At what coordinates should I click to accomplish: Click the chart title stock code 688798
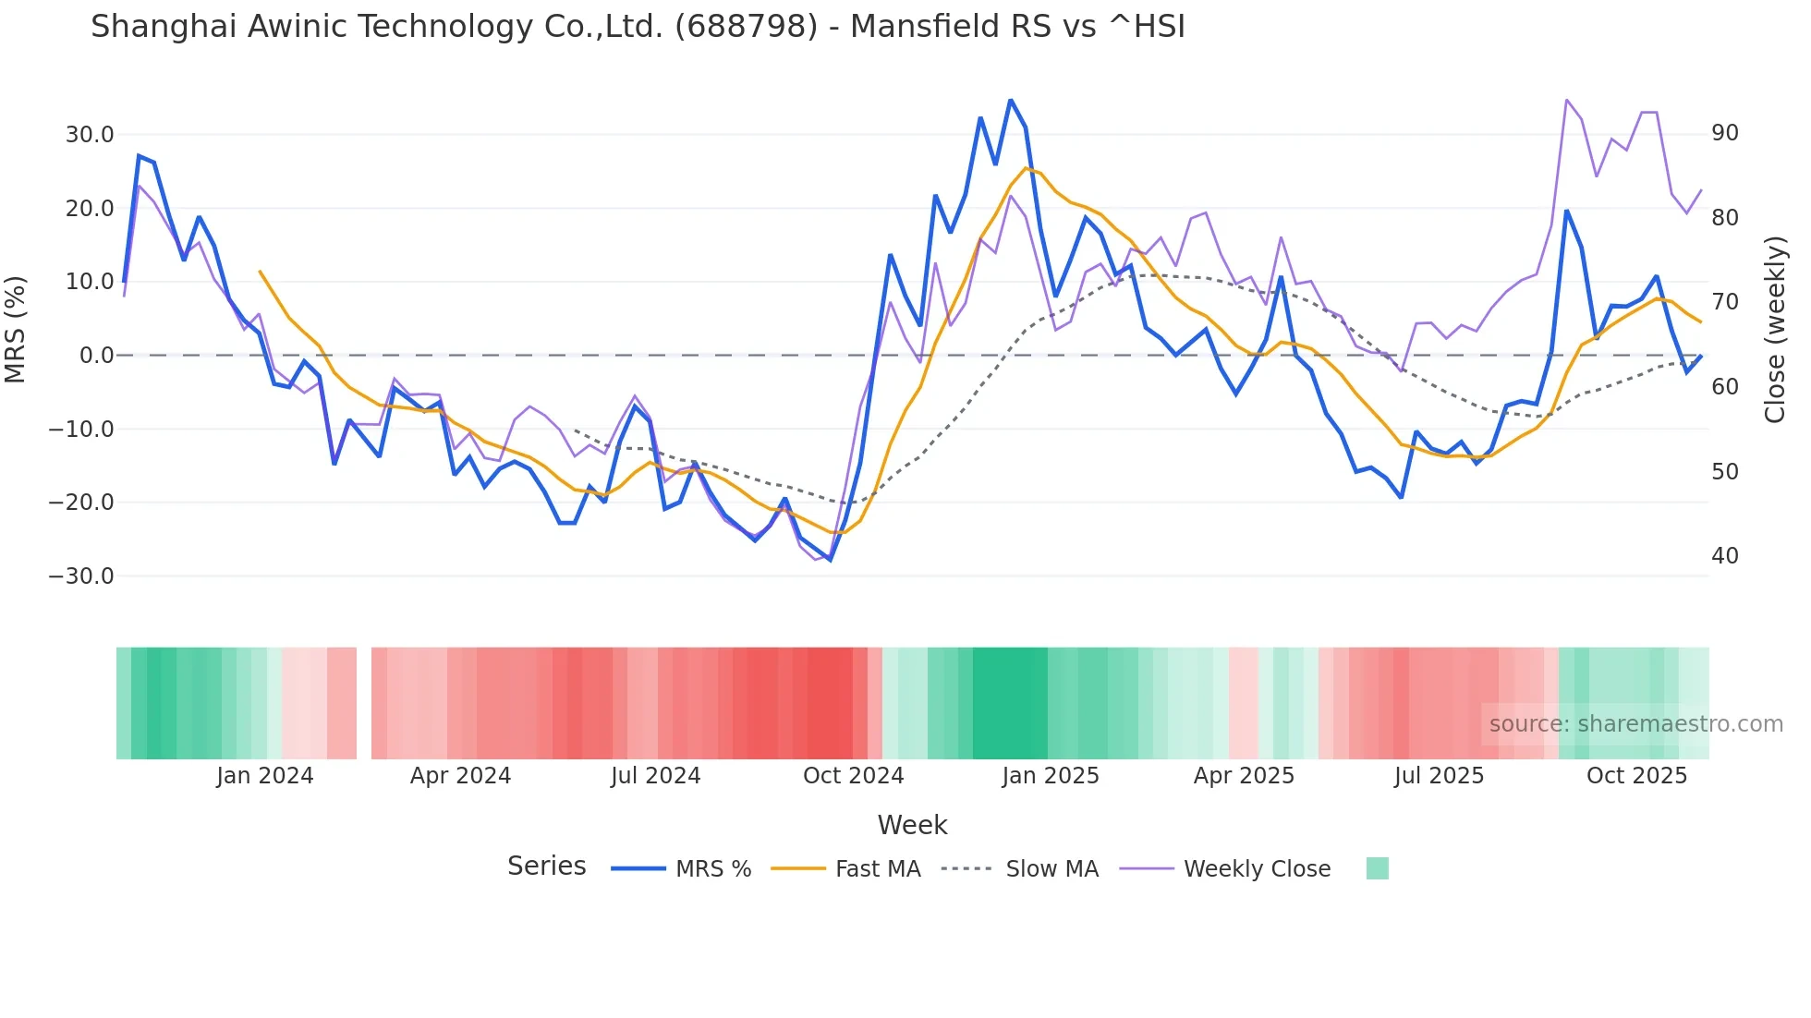747,26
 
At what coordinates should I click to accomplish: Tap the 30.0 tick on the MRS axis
89,135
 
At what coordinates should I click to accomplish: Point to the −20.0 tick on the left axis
81,503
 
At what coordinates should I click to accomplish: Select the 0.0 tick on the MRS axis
96,356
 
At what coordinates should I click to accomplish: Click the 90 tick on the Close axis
1725,133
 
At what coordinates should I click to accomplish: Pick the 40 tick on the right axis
1725,556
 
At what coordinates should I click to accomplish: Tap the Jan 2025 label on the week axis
1051,776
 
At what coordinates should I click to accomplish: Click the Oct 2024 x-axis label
853,776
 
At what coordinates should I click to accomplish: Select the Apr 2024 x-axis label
460,776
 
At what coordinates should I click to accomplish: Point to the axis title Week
912,825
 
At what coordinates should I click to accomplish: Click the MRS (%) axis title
16,330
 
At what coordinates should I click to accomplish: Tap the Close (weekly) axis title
1775,330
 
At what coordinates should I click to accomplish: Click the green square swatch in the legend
1377,868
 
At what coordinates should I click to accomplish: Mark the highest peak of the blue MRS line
1011,100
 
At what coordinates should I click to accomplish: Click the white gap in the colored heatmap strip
364,703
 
